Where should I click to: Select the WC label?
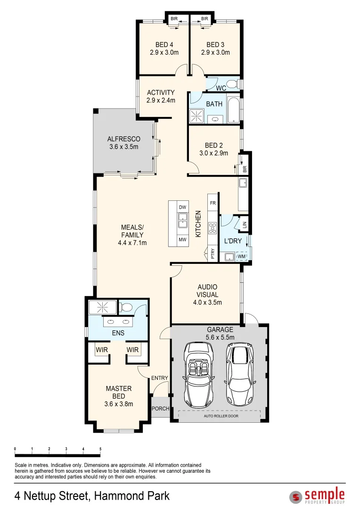click(x=221, y=88)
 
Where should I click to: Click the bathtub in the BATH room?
click(x=233, y=110)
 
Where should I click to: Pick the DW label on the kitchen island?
click(x=182, y=207)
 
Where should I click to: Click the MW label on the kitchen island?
click(x=182, y=240)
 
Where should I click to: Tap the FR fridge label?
click(x=213, y=203)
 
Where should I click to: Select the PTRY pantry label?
click(x=213, y=254)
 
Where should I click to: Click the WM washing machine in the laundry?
click(x=242, y=256)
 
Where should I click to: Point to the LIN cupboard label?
click(x=244, y=225)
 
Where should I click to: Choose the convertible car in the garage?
click(x=198, y=375)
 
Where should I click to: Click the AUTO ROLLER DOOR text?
click(x=220, y=416)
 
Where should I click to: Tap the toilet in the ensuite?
click(x=125, y=308)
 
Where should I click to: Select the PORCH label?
click(x=160, y=409)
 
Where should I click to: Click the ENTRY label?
click(x=160, y=378)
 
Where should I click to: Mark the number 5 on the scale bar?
click(x=100, y=449)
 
